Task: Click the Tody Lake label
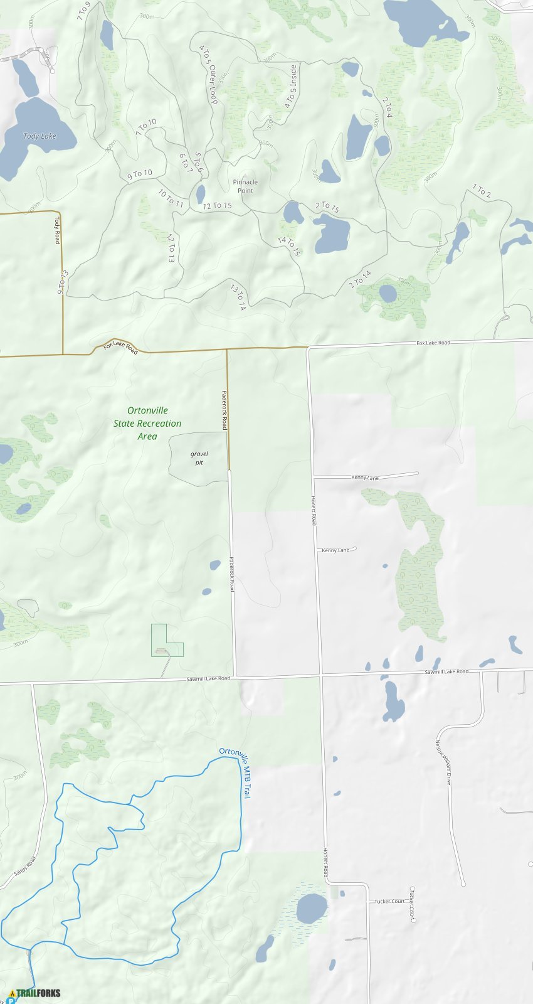[40, 136]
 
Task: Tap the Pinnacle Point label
[245, 186]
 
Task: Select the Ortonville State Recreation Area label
[147, 423]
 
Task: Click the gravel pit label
[199, 458]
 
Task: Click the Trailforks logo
[35, 993]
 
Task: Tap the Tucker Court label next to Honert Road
[389, 901]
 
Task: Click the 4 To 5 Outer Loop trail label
[208, 74]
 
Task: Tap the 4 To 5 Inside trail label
[291, 87]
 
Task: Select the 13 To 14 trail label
[238, 298]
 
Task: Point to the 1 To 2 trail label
[482, 191]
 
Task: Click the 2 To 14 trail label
[360, 279]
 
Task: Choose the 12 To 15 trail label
[217, 206]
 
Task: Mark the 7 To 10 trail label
[145, 127]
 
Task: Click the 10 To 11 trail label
[171, 198]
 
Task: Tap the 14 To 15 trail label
[289, 246]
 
